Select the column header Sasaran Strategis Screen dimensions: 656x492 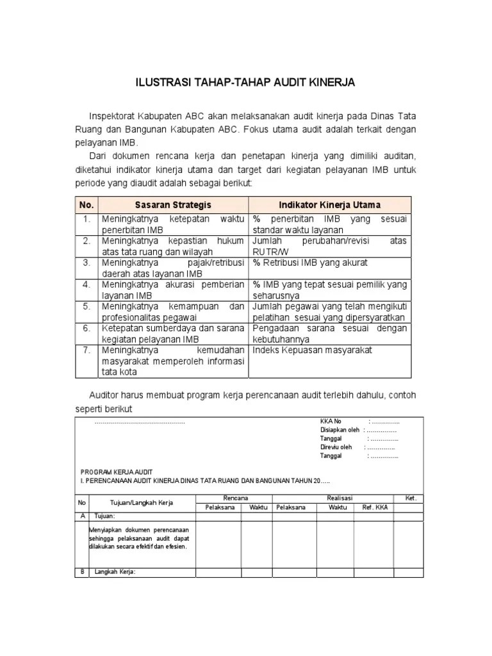coord(173,205)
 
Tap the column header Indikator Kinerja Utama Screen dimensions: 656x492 coord(330,205)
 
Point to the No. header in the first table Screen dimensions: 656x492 coord(86,205)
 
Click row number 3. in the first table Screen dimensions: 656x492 coord(86,263)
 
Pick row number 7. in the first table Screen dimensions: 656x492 coord(86,350)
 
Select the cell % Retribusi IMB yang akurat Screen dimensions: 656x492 coord(310,263)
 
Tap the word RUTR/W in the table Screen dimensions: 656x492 coord(268,251)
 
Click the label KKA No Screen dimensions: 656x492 coord(331,421)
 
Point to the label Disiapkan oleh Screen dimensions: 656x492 coord(340,430)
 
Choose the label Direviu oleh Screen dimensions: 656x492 coord(336,447)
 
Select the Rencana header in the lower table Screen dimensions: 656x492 coord(236,498)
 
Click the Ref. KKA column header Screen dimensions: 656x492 coord(375,507)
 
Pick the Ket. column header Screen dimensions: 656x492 coord(411,498)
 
